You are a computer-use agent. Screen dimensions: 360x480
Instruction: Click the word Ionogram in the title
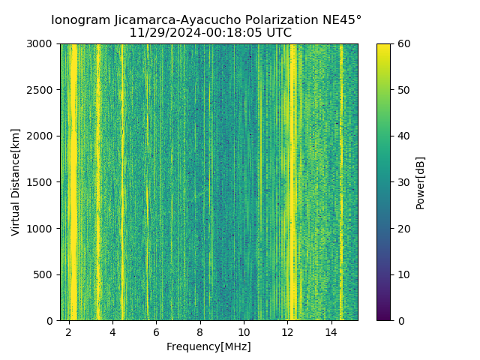pyautogui.click(x=82, y=19)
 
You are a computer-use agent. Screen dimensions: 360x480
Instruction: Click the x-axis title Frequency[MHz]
pyautogui.click(x=208, y=346)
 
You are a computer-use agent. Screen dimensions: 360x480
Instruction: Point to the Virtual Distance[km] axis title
pyautogui.click(x=16, y=181)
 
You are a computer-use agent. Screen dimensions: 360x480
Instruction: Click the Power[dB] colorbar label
pyautogui.click(x=421, y=181)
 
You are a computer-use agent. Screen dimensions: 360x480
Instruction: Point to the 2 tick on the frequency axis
pyautogui.click(x=69, y=331)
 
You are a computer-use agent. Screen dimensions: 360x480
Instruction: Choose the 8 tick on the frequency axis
pyautogui.click(x=200, y=331)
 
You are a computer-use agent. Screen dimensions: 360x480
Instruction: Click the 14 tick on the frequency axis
pyautogui.click(x=331, y=331)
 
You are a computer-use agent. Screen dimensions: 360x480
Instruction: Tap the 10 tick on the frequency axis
pyautogui.click(x=244, y=331)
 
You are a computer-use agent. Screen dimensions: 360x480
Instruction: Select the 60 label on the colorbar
pyautogui.click(x=402, y=43)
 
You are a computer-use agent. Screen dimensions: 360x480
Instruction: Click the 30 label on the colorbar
pyautogui.click(x=402, y=182)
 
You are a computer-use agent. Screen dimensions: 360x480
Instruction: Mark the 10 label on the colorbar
pyautogui.click(x=402, y=274)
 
